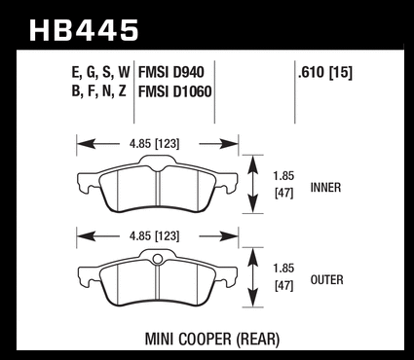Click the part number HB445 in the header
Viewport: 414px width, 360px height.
84,30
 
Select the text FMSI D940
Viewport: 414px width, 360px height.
171,72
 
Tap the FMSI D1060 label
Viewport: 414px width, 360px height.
175,91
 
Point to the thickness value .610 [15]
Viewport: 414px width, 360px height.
325,72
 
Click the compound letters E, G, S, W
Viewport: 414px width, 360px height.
100,73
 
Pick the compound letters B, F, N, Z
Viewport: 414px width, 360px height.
98,91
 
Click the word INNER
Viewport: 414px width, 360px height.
325,188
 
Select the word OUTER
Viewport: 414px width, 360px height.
326,280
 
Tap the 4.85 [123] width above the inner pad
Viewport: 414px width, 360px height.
154,144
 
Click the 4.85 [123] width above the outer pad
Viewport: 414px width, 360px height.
154,235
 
